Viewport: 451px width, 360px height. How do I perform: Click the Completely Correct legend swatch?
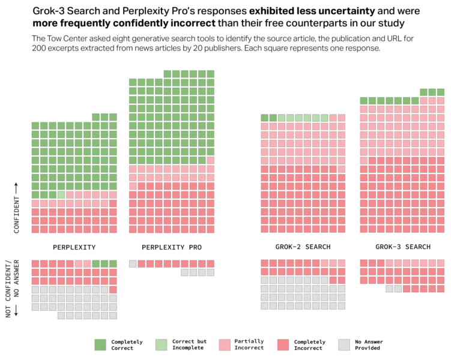[x=100, y=344]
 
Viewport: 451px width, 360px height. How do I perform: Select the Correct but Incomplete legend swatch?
[x=161, y=344]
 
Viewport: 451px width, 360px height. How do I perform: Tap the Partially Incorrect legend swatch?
[x=222, y=344]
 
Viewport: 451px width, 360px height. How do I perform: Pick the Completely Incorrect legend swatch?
[x=283, y=344]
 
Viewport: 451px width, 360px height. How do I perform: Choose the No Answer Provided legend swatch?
[x=344, y=344]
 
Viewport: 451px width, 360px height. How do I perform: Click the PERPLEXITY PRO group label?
[x=172, y=247]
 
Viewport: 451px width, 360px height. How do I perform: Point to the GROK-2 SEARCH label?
[x=303, y=247]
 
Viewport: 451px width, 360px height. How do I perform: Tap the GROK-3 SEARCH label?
[x=402, y=247]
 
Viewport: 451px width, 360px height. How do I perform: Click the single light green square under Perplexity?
[x=61, y=194]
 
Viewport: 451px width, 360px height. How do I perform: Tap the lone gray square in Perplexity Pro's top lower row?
[x=133, y=263]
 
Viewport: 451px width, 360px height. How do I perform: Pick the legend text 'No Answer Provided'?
[x=369, y=345]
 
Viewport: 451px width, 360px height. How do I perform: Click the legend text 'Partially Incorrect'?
[x=249, y=345]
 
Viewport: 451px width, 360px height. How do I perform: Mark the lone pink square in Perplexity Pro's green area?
[x=210, y=160]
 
